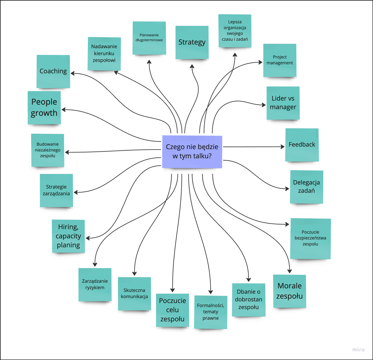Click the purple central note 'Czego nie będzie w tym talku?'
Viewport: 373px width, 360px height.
(192, 151)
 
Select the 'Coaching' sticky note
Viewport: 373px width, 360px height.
(53, 71)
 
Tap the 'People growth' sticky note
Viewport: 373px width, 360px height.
(44, 107)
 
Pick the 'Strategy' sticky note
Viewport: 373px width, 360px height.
(192, 42)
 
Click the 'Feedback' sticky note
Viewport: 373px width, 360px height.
(302, 145)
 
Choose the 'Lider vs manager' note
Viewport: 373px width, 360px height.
(283, 103)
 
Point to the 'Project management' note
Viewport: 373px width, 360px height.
(280, 60)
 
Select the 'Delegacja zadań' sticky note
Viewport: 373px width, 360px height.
(306, 187)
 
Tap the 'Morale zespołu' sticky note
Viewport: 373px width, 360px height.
(289, 291)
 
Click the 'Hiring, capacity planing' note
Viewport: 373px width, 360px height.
(68, 236)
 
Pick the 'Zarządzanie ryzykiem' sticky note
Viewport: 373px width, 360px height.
(95, 284)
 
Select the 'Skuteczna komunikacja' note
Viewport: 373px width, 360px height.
(134, 293)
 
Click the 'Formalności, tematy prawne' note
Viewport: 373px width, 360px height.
(210, 312)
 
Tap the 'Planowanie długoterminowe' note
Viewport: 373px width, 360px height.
(149, 38)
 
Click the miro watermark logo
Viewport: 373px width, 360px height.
(358, 350)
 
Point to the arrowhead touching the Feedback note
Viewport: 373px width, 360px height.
(282, 147)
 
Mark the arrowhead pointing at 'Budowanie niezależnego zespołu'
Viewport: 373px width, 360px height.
(67, 152)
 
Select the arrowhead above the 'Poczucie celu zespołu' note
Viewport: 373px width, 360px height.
(172, 290)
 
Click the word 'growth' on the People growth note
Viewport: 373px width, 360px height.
(44, 113)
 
